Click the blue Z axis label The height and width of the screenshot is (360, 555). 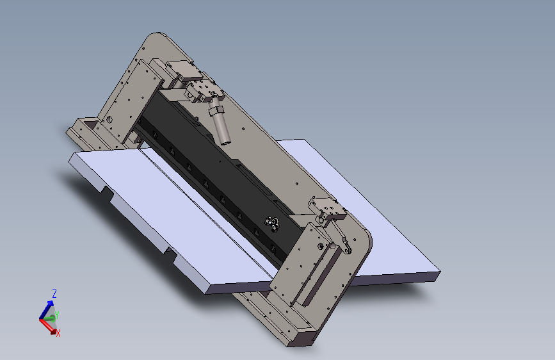(54, 293)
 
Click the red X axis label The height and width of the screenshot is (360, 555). (58, 333)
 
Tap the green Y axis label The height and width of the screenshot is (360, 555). (56, 313)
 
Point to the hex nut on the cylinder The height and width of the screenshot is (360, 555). (216, 110)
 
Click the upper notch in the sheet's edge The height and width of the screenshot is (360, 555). (107, 192)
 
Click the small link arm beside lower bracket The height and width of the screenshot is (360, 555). (346, 246)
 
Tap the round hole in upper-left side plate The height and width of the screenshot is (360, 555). (109, 119)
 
